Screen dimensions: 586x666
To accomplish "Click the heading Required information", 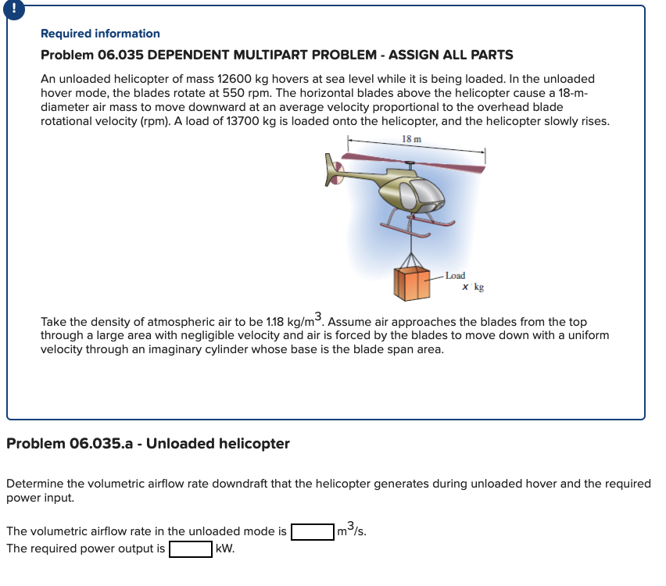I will (100, 34).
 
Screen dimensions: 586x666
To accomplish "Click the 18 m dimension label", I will (411, 138).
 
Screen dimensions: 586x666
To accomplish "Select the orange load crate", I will (411, 285).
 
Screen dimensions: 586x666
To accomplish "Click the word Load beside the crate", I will (455, 276).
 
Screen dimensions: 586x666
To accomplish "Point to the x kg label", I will (473, 287).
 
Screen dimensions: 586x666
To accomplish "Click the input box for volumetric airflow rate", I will (313, 532).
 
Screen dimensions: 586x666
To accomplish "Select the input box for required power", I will (190, 548).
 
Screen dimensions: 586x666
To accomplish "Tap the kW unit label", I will (224, 548).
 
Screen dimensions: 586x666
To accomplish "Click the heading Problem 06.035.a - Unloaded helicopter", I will (148, 444).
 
